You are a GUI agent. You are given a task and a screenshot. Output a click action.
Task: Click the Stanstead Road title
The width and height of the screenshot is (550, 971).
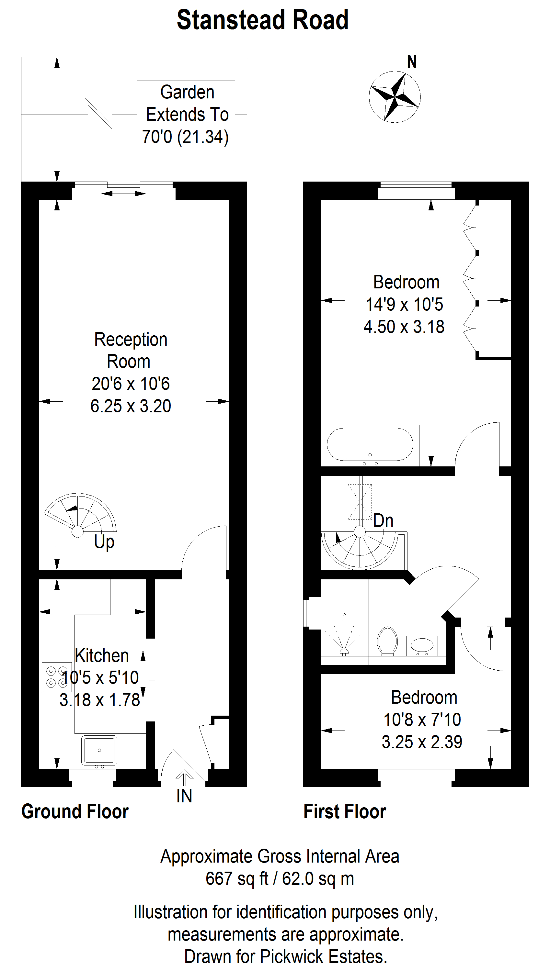[263, 20]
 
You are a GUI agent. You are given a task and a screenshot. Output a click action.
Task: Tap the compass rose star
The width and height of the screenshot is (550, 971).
[395, 96]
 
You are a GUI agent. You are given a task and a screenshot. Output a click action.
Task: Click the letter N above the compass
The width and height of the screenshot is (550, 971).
[412, 62]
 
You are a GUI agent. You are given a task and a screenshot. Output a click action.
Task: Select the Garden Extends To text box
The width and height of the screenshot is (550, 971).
[186, 116]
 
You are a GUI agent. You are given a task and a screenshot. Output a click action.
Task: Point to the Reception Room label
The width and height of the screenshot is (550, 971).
[130, 350]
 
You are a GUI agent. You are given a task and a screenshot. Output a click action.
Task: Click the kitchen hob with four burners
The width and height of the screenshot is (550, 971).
[57, 677]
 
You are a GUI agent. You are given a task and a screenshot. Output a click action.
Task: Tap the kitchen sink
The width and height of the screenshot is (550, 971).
[99, 751]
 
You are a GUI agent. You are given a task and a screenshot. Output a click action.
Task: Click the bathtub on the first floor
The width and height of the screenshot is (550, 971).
[370, 444]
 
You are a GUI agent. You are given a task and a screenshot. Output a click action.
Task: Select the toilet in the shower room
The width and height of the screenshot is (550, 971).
[387, 641]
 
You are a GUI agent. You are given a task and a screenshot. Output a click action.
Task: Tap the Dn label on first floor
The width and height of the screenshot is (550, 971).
[384, 521]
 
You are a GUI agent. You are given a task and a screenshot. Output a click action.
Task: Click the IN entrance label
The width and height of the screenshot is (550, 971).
[184, 796]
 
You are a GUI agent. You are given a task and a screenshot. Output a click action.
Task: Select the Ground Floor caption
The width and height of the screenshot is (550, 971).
[75, 811]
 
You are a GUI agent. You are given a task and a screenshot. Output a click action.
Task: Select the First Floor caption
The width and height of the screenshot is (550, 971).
[345, 811]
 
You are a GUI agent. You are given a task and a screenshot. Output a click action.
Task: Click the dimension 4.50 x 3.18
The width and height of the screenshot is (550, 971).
[404, 327]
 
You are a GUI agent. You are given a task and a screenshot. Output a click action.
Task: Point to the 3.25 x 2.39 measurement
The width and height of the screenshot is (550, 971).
[422, 742]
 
